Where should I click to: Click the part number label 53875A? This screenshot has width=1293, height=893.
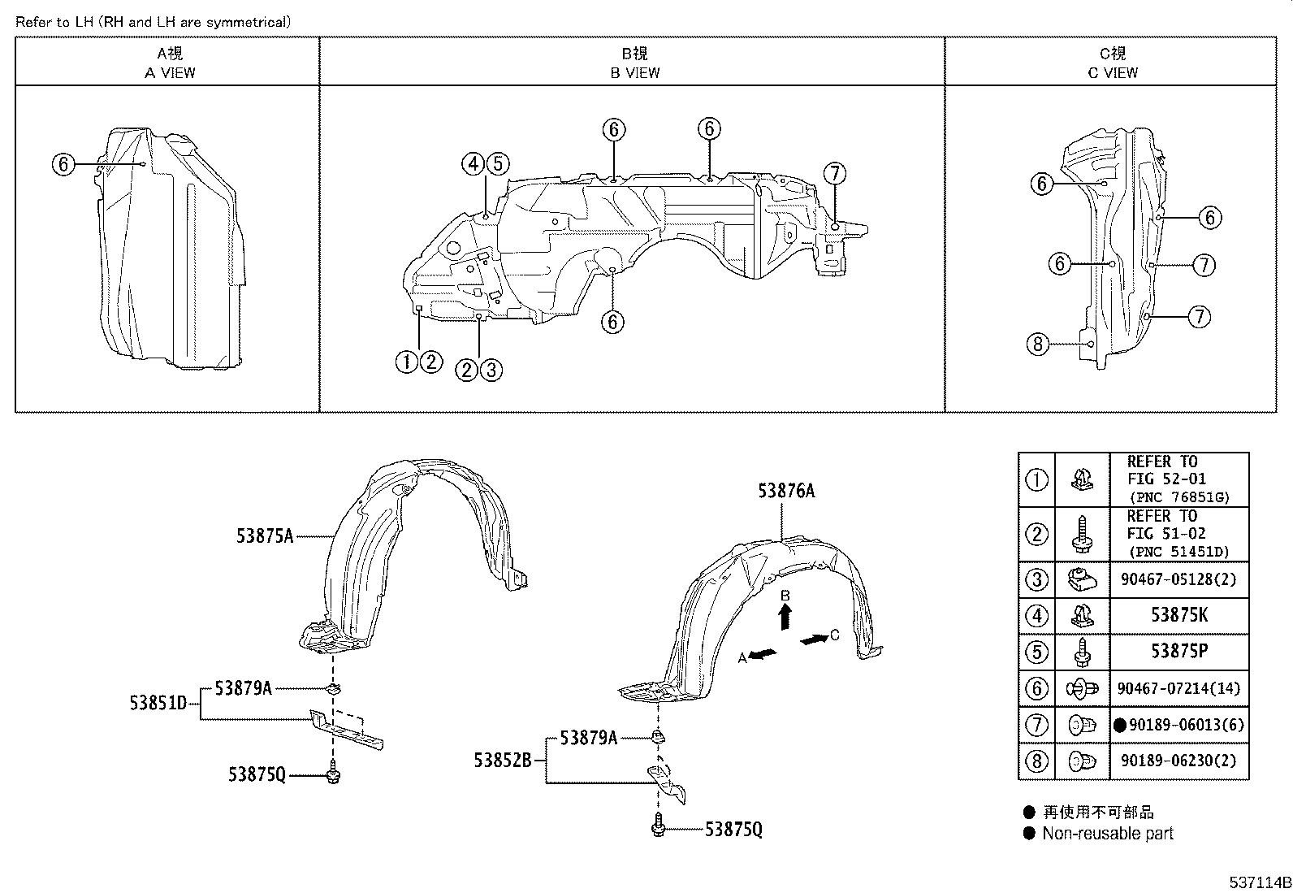click(265, 535)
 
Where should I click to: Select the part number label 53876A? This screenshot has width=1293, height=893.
click(786, 491)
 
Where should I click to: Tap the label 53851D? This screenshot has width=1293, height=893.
click(158, 703)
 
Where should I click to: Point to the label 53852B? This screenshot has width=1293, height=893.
click(503, 761)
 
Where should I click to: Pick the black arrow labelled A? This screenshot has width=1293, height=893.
click(762, 655)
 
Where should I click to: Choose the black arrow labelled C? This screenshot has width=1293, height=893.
click(814, 640)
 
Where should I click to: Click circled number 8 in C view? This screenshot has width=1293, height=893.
click(1037, 345)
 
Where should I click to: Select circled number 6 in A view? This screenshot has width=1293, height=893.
click(63, 165)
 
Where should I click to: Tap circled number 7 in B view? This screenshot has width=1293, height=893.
click(834, 173)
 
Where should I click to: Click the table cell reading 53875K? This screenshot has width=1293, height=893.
click(1178, 616)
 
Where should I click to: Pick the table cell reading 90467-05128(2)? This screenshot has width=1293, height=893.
click(1178, 579)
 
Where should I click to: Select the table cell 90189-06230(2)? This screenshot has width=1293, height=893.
click(1178, 761)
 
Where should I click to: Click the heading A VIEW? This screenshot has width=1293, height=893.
click(170, 72)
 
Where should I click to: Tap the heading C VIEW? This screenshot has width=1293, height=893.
click(1113, 72)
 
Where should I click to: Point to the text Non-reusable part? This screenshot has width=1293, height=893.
click(1108, 833)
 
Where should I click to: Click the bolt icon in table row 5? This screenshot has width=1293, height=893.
click(1082, 652)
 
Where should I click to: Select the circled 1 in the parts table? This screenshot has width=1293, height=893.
click(1036, 480)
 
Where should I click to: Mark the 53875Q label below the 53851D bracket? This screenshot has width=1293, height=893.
click(257, 775)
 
